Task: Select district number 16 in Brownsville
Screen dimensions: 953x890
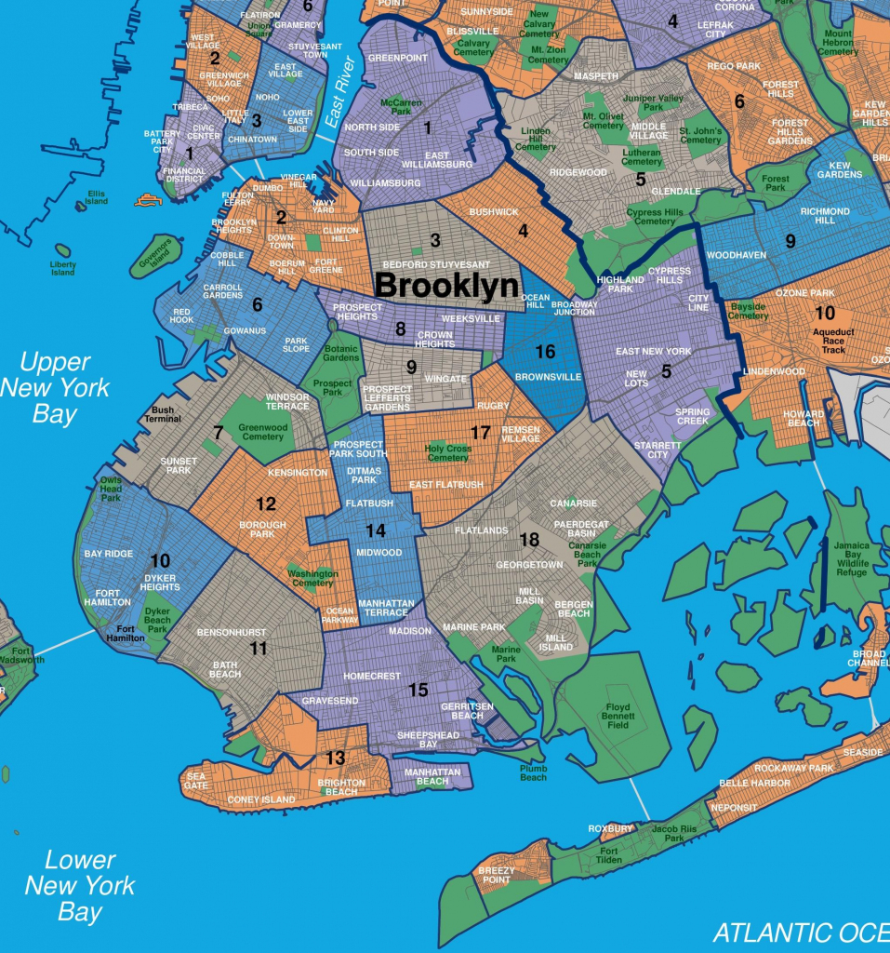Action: pos(545,351)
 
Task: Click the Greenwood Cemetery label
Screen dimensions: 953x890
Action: pos(261,432)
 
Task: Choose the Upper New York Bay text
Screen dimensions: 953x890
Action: pos(55,387)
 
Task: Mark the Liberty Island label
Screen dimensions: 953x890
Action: pos(62,268)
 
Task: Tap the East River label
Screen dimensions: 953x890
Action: pos(339,92)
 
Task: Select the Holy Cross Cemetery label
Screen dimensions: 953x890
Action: pos(447,452)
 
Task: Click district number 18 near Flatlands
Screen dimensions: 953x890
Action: pos(529,540)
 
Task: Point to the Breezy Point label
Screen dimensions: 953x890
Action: pos(497,875)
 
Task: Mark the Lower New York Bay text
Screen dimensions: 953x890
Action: pos(80,885)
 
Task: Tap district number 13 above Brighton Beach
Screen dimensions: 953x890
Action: pos(335,758)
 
